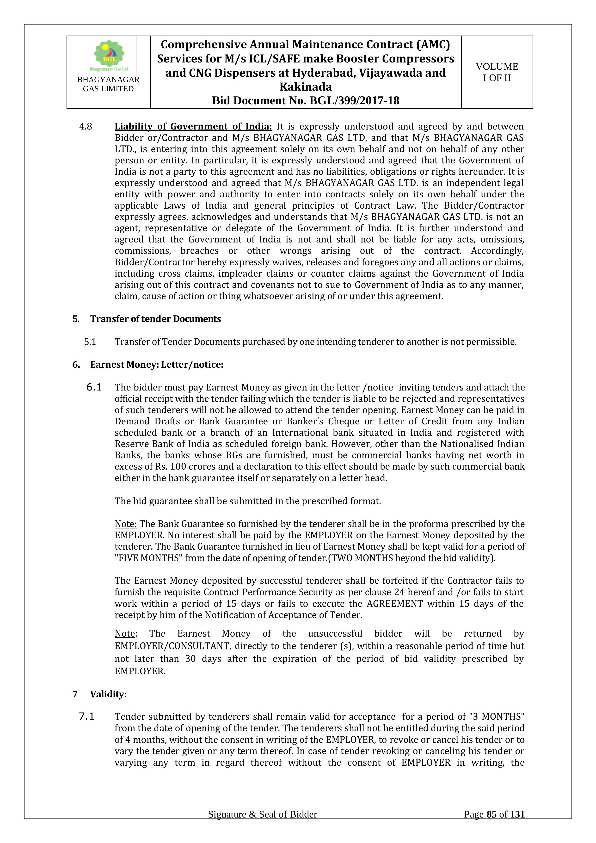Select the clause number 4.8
[86, 127]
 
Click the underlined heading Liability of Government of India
[193, 127]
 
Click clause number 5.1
[90, 342]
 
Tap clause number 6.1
[94, 387]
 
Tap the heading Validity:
[108, 694]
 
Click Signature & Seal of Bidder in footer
[262, 825]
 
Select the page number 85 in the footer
[492, 825]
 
